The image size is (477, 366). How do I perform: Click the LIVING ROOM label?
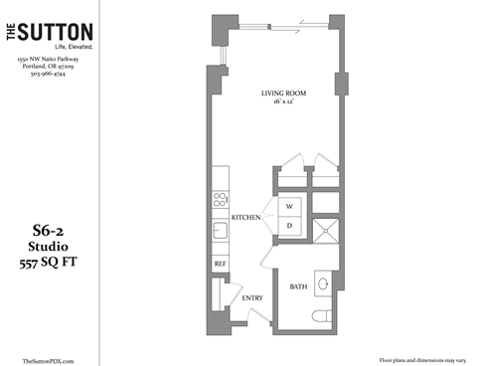(283, 92)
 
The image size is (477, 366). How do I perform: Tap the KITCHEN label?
(245, 217)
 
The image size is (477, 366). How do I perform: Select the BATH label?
(298, 286)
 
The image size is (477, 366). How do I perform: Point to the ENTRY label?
(252, 297)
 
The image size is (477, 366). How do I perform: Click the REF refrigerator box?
(220, 264)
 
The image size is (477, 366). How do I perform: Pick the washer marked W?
(290, 207)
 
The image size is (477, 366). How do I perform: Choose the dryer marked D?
(290, 226)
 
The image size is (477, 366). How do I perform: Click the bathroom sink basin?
(324, 283)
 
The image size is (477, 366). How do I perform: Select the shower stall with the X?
(324, 232)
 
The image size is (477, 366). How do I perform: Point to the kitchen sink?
(219, 234)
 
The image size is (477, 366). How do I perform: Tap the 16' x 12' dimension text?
(283, 102)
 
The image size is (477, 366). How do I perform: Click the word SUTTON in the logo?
(58, 34)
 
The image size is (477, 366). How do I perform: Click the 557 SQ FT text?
(49, 262)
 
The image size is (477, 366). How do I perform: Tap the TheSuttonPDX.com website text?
(48, 359)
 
